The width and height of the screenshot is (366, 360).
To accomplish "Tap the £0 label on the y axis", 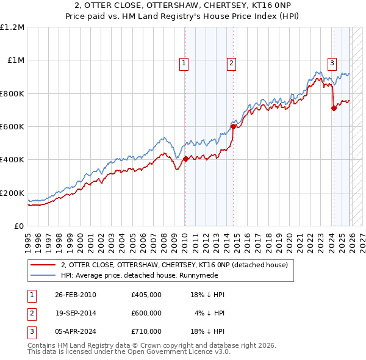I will coord(19,226).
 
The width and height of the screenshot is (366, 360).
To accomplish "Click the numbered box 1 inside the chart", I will coord(184,62).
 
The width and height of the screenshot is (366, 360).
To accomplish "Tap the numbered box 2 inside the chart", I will coord(232,62).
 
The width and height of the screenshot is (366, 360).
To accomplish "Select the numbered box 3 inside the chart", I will coord(332,62).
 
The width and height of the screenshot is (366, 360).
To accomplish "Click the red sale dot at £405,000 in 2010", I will coord(185,159).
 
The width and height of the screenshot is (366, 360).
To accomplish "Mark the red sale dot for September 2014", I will coord(233,126).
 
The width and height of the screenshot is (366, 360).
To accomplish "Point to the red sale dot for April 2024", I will coord(334,108).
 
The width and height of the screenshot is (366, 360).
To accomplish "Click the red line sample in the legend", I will coord(43,265).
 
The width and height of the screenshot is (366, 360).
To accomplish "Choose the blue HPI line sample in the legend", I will coord(43,275).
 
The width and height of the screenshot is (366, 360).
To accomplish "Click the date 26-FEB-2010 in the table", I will coord(76,295).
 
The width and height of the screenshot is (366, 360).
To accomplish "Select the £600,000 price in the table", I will coord(146,313).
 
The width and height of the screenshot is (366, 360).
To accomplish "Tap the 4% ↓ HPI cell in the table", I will coord(210,313).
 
